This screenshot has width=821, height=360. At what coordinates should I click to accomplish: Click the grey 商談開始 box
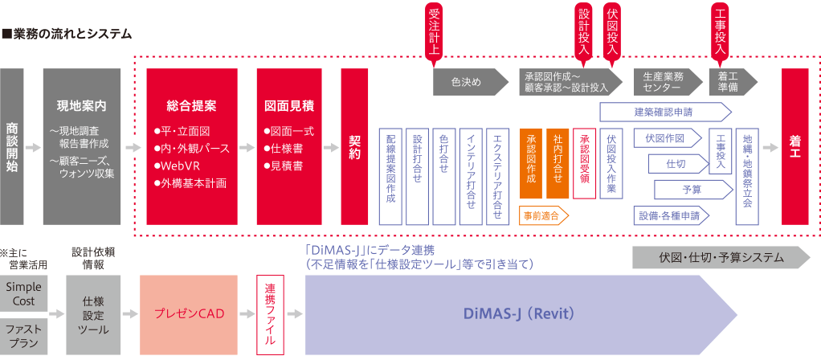tap(12, 147)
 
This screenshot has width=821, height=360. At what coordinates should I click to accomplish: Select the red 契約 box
tap(354, 147)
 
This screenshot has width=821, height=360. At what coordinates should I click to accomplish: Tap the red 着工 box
tap(794, 147)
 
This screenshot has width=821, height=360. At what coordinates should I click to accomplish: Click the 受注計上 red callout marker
tap(435, 31)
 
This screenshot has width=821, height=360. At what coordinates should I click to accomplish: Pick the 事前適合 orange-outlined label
tap(544, 215)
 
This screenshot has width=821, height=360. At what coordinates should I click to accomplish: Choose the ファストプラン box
tap(23, 335)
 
